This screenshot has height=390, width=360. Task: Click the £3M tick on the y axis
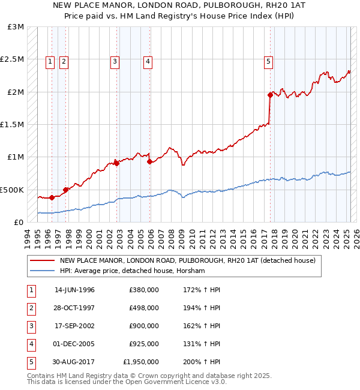[x=16, y=27]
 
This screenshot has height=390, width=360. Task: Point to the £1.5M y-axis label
[x=13, y=124]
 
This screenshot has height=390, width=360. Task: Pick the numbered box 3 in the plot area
[x=114, y=60]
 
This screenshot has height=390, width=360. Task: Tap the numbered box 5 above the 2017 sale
[x=268, y=60]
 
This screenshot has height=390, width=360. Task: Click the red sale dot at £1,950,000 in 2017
[x=270, y=95]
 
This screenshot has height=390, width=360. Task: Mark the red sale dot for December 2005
[x=149, y=161]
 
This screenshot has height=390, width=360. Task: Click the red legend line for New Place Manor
[x=42, y=260]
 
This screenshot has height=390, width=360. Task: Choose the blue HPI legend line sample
[x=42, y=271]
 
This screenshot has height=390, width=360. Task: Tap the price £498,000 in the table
[x=144, y=308]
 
